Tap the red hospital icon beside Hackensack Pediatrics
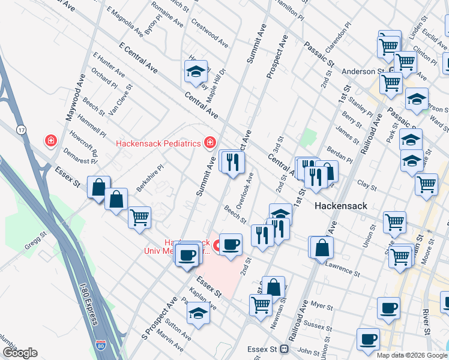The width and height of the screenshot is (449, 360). point(209,143)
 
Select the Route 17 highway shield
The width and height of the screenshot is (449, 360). point(22,130)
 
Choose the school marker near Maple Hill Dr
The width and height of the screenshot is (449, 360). point(196,72)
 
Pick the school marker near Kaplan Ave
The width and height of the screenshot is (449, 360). point(198,313)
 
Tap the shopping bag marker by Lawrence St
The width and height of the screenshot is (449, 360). point(322,247)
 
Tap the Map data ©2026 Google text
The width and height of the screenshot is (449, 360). point(411,355)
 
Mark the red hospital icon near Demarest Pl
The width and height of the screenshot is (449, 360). point(51,141)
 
